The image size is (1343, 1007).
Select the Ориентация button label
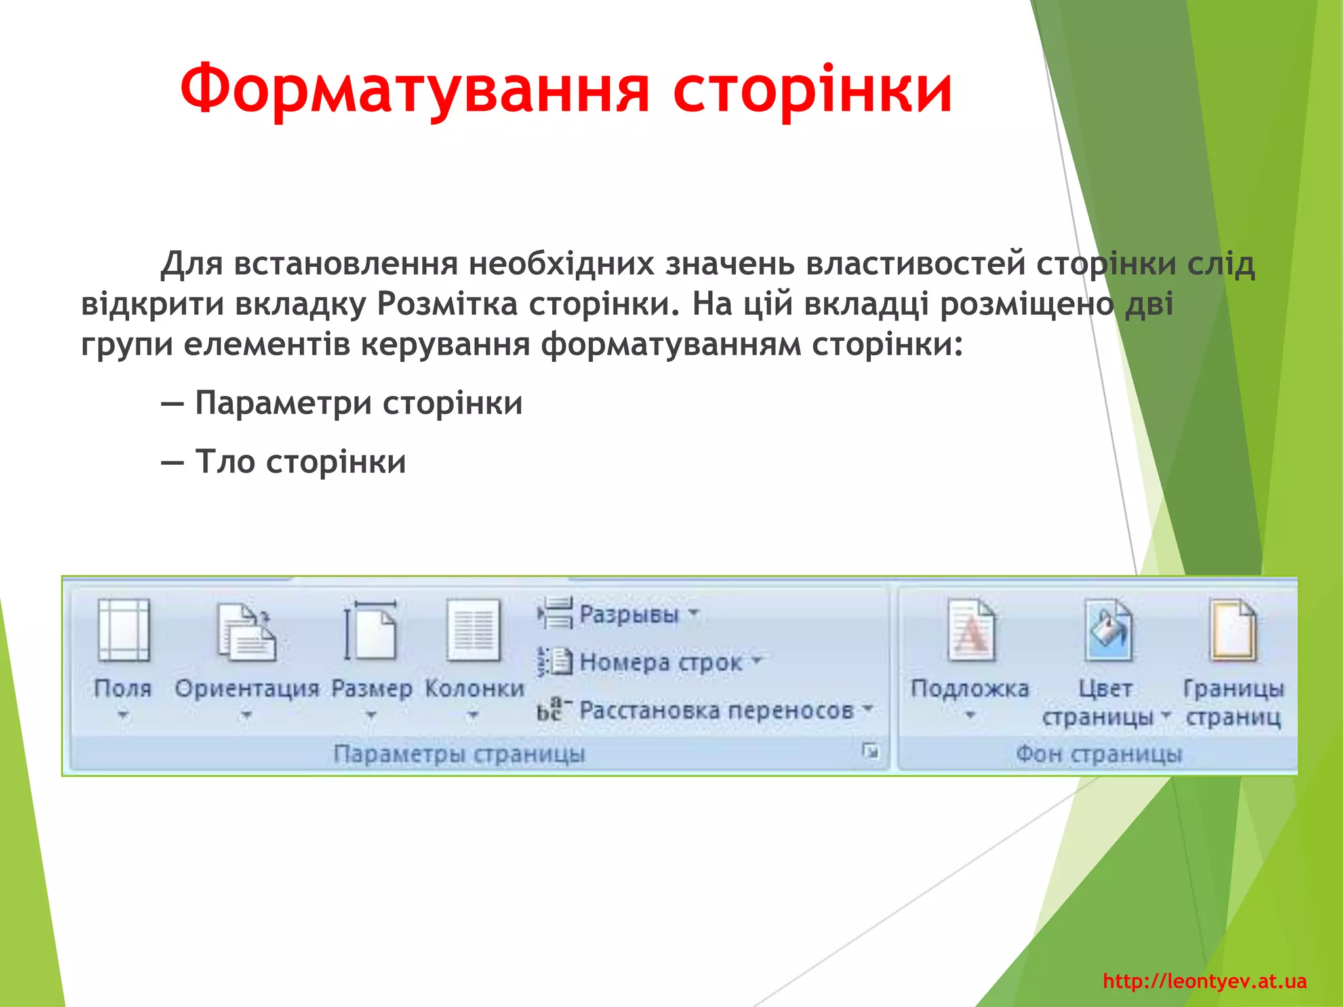(247, 688)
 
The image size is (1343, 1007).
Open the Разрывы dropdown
(628, 614)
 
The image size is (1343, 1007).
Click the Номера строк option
(660, 662)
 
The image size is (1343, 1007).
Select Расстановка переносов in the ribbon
(716, 710)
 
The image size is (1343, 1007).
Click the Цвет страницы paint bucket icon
(1108, 631)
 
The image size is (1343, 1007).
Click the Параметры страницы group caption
(459, 754)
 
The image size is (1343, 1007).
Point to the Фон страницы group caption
(1099, 754)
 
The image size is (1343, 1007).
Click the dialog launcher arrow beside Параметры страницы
(870, 751)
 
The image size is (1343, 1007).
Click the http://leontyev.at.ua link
(1205, 981)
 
